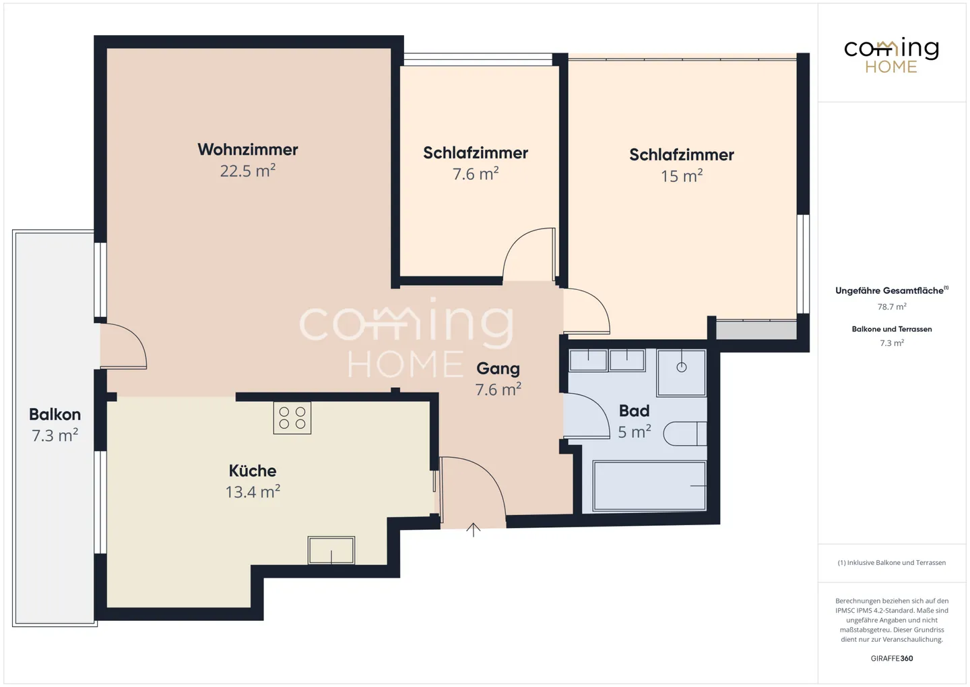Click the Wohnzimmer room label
coord(247,150)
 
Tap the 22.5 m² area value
coord(247,171)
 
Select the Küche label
coord(253,471)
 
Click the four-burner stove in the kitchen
coord(292,418)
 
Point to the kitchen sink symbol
coord(331,550)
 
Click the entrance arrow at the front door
coord(474,530)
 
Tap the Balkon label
coord(55,415)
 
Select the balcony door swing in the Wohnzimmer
coord(124,346)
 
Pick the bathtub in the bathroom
coord(649,485)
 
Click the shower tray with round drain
coord(681,372)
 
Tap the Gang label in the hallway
coord(498,369)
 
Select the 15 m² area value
coord(681,177)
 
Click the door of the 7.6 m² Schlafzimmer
coord(529,255)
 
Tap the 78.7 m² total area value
coord(891,307)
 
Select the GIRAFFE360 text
coord(891,659)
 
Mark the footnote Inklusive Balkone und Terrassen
coord(891,563)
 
